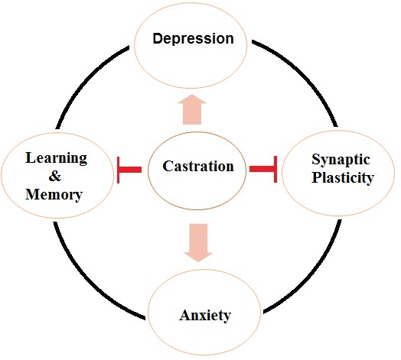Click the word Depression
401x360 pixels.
(x=193, y=39)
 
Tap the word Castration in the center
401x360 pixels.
(x=198, y=166)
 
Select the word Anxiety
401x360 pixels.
(x=205, y=316)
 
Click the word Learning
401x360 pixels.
(x=57, y=159)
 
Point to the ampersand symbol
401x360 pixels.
(x=55, y=176)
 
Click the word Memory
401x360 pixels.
(x=54, y=194)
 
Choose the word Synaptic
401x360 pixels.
(x=341, y=161)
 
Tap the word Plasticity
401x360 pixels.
(x=343, y=177)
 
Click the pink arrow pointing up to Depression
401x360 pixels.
(x=192, y=109)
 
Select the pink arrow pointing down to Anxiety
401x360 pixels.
(x=198, y=243)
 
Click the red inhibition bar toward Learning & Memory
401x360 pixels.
(x=129, y=170)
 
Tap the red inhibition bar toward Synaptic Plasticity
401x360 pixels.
(x=263, y=169)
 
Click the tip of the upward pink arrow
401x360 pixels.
(x=192, y=95)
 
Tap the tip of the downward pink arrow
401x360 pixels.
(x=198, y=261)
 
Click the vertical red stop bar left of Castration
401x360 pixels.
(x=118, y=170)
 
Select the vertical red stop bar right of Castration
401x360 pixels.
(x=275, y=170)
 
